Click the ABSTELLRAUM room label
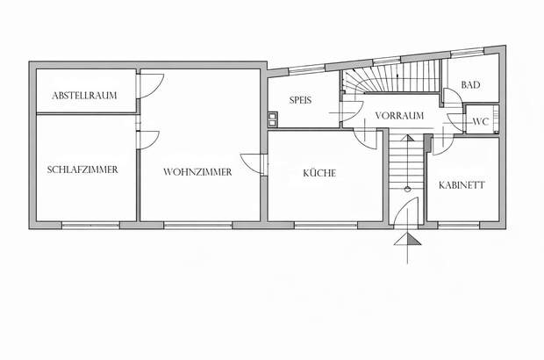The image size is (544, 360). [x=84, y=96]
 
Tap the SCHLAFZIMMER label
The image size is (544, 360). [x=82, y=169]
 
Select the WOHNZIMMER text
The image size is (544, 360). [x=197, y=172]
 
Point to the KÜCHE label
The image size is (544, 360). [x=319, y=173]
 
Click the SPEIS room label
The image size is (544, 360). [x=300, y=100]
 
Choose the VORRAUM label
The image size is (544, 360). [x=399, y=116]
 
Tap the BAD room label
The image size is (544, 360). [x=470, y=84]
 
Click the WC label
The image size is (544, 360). [x=481, y=122]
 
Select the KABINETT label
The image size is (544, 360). [x=462, y=185]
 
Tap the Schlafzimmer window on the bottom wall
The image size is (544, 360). [x=90, y=226]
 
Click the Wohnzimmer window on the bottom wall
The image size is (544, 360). [x=197, y=226]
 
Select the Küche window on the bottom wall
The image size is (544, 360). [x=326, y=226]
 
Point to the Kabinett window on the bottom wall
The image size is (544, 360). [x=458, y=226]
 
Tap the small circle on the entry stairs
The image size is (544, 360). [x=407, y=189]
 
